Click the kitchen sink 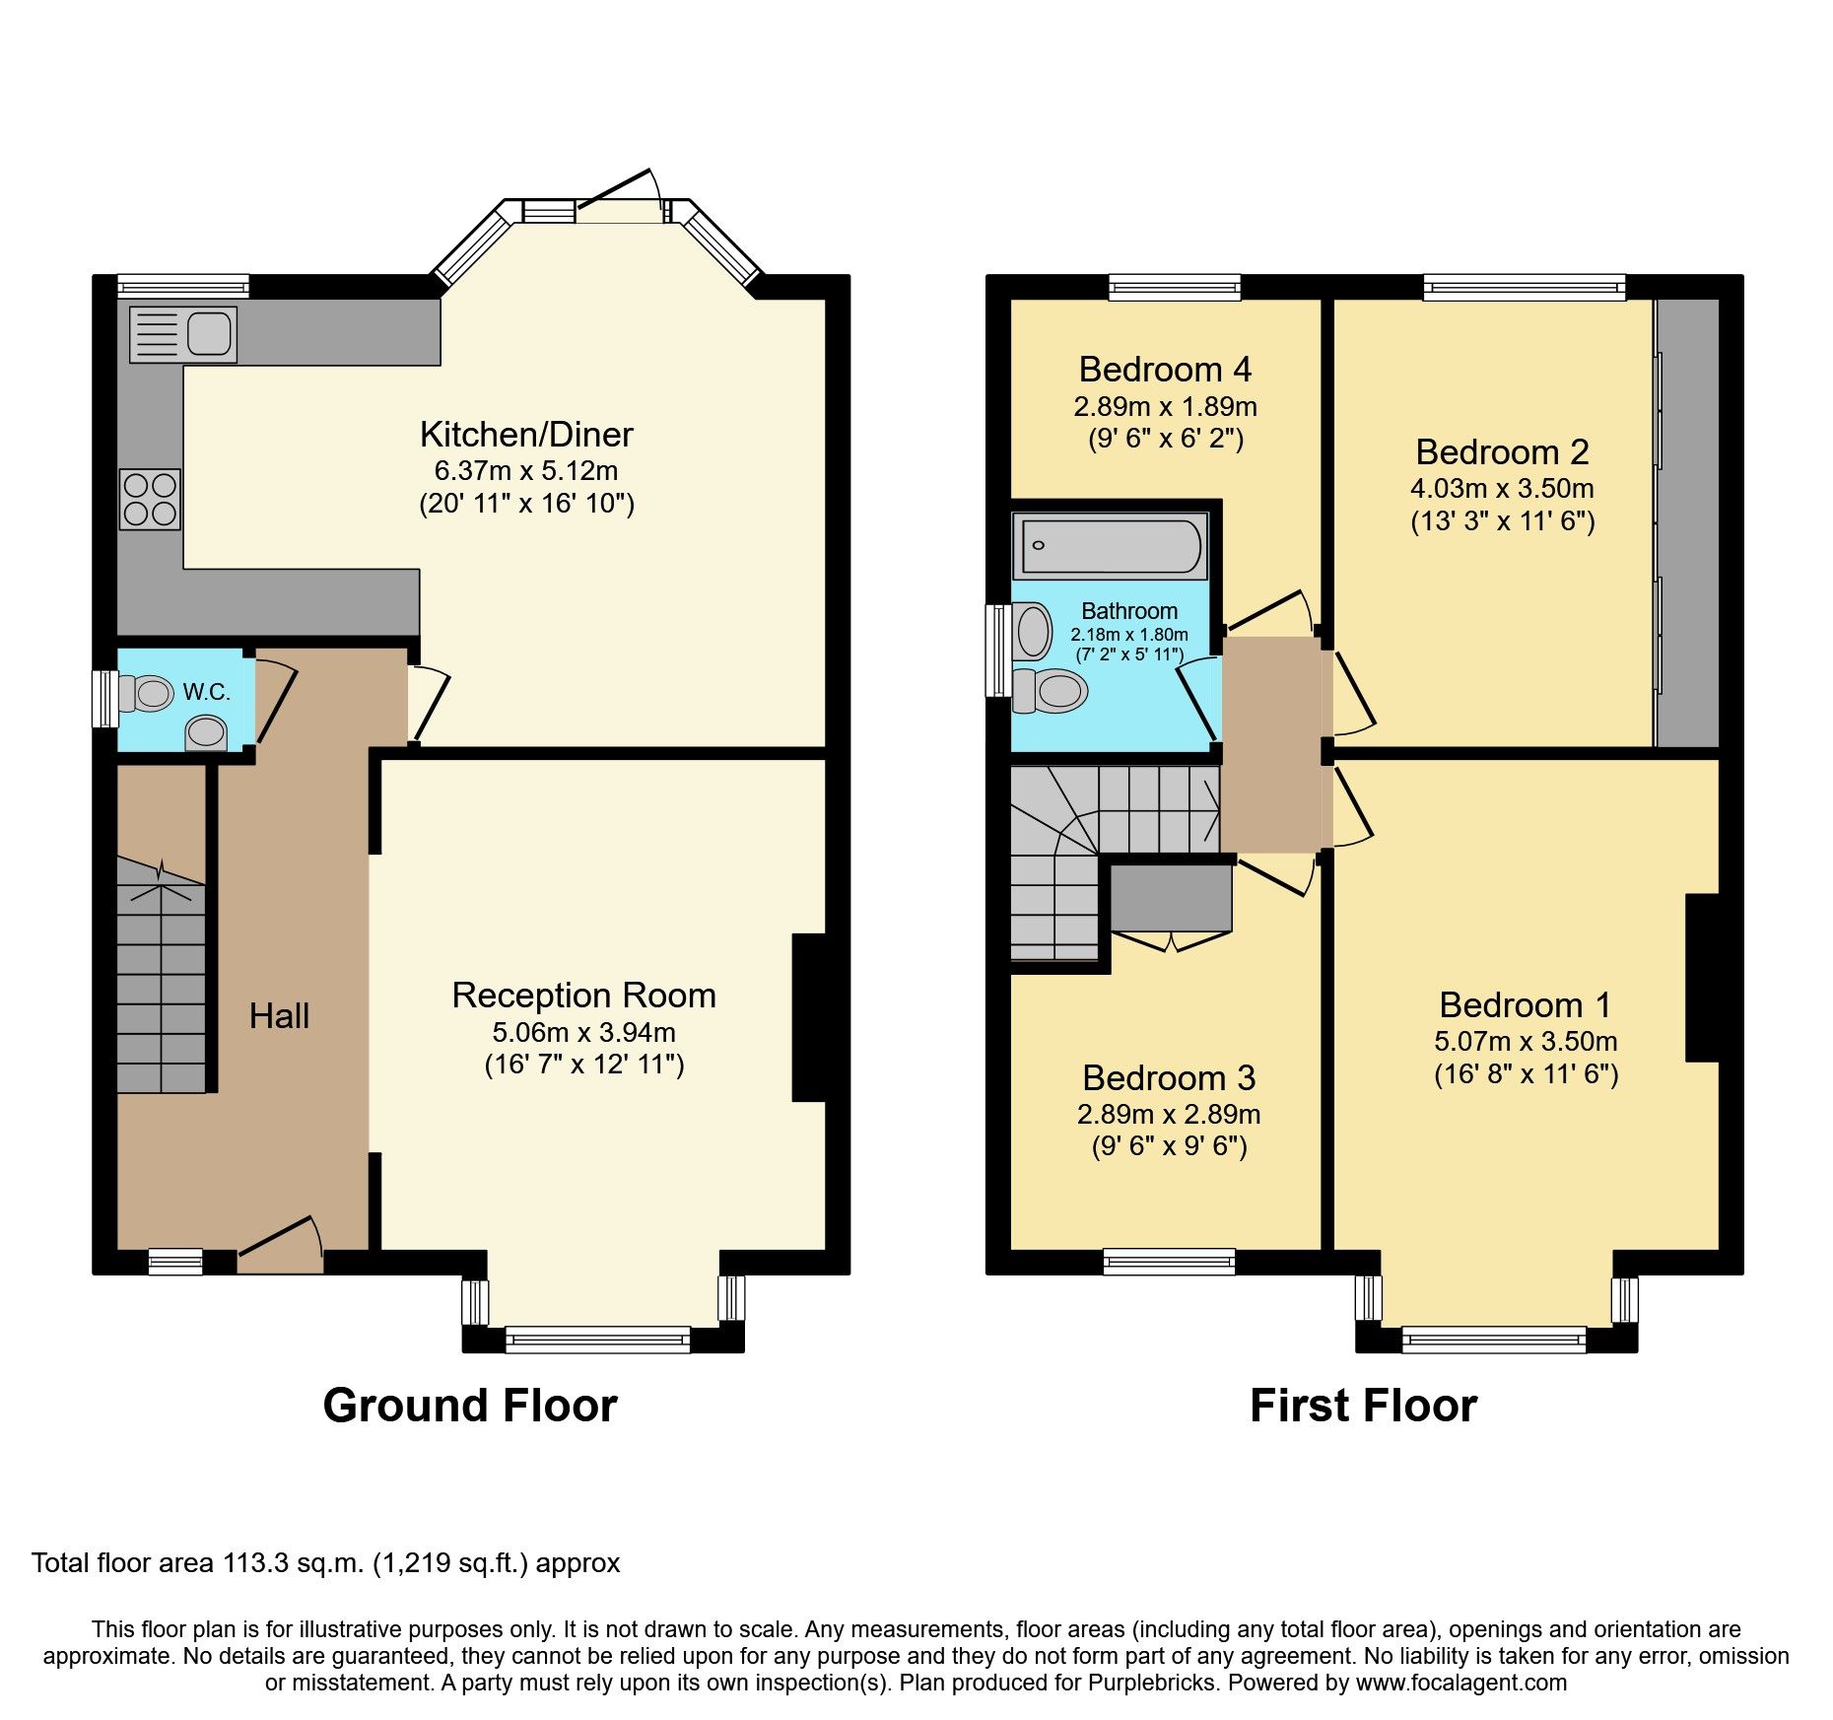tap(183, 334)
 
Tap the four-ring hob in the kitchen tap(150, 499)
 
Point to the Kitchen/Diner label tap(526, 435)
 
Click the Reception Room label tap(583, 996)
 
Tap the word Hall tap(279, 1016)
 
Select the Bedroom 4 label tap(1165, 370)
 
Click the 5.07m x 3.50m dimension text tap(1526, 1042)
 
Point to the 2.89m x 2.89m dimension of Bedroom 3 tap(1169, 1115)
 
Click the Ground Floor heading tap(470, 1406)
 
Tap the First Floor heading tap(1363, 1406)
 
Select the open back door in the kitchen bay tap(616, 189)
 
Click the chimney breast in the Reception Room tap(808, 1017)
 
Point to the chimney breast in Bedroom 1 tap(1702, 978)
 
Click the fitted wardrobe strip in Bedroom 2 tap(1687, 522)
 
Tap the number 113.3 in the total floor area tap(256, 1563)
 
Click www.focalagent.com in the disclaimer tap(1461, 1683)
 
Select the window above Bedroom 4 tap(1174, 288)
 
